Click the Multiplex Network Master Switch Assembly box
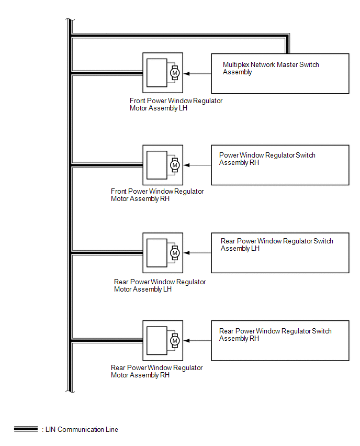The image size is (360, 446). (x=280, y=74)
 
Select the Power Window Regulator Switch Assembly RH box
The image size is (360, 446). (x=280, y=165)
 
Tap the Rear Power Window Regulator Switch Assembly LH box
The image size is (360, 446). (x=280, y=253)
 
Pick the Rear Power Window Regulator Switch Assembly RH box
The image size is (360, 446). (x=280, y=340)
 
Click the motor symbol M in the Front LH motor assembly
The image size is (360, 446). (x=175, y=73)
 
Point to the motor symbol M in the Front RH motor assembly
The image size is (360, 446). (x=175, y=165)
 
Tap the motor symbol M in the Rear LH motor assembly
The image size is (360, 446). (x=175, y=253)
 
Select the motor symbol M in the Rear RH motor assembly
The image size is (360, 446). (x=175, y=341)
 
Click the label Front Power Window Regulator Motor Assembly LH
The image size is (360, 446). (x=176, y=105)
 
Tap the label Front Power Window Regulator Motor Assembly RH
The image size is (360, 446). (x=157, y=195)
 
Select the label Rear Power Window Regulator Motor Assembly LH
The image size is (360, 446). (x=160, y=285)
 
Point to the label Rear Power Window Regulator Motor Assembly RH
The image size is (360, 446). (x=156, y=371)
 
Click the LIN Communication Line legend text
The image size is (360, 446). (x=82, y=430)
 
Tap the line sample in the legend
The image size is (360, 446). (x=26, y=429)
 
